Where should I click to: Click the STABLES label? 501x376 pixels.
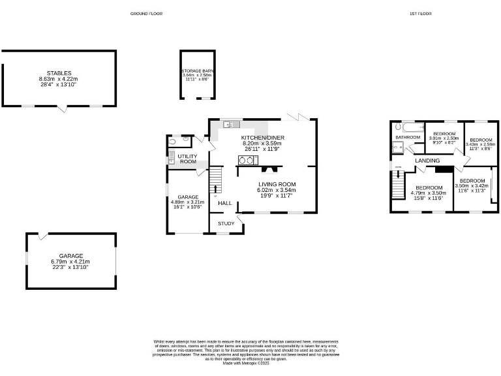pyautogui.click(x=59, y=73)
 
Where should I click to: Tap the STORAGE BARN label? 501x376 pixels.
pyautogui.click(x=198, y=70)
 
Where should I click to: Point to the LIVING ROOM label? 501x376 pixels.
pyautogui.click(x=277, y=185)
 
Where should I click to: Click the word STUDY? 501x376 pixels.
pyautogui.click(x=226, y=224)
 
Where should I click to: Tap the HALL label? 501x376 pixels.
pyautogui.click(x=225, y=203)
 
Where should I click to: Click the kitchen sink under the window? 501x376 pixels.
pyautogui.click(x=231, y=124)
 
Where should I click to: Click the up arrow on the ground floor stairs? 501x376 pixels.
pyautogui.click(x=216, y=189)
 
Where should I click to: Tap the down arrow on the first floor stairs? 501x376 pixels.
pyautogui.click(x=398, y=174)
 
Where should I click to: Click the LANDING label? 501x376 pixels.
pyautogui.click(x=427, y=161)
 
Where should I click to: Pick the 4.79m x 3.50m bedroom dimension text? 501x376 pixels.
pyautogui.click(x=427, y=193)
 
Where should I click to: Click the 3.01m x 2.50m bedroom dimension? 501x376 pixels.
pyautogui.click(x=444, y=138)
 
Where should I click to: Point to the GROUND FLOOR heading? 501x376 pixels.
pyautogui.click(x=145, y=13)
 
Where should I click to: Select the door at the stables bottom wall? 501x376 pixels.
pyautogui.click(x=62, y=108)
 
